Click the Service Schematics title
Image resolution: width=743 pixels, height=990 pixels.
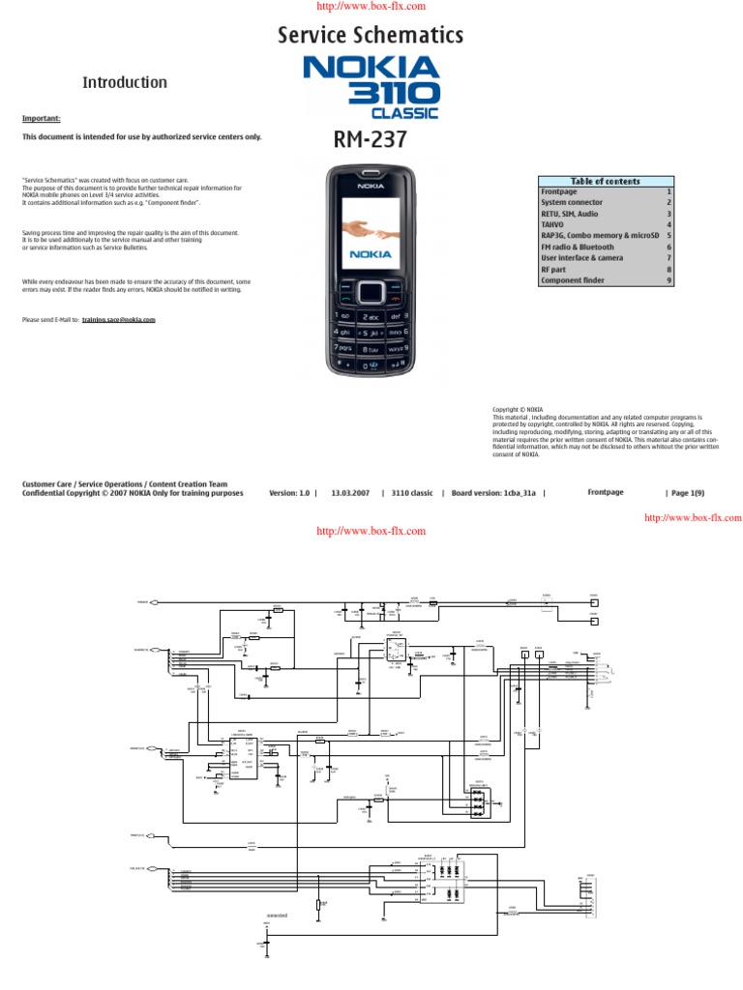[371, 37]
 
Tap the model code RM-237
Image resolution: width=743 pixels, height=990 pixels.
[371, 141]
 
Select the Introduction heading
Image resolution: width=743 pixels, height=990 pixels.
[125, 83]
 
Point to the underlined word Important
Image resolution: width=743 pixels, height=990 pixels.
[42, 119]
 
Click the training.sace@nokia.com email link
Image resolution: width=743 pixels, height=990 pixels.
[119, 319]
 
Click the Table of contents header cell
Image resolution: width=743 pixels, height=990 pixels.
[606, 181]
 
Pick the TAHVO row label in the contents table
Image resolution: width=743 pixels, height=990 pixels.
[554, 224]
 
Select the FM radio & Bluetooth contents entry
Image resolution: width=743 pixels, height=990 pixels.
[578, 247]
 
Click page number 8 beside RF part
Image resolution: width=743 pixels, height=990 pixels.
[668, 269]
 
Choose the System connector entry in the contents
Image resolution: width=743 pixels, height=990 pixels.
[572, 203]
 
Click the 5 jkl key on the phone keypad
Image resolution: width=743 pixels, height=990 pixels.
[370, 332]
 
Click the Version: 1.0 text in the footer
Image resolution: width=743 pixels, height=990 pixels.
[290, 493]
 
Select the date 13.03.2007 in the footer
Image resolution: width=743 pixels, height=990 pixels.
[350, 493]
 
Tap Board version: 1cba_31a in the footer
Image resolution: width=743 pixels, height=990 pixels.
[495, 493]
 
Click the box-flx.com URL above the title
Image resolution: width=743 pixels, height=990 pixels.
[371, 7]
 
